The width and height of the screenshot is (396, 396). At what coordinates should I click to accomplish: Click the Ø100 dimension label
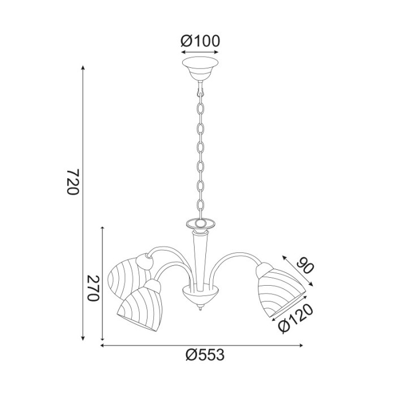tap(200, 41)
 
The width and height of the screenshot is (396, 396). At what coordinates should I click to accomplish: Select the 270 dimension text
tap(93, 289)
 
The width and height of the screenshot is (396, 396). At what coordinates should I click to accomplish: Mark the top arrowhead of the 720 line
tap(84, 67)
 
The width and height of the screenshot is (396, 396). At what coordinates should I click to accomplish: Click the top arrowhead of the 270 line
tap(102, 228)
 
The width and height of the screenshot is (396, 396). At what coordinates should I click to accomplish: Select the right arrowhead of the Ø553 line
tap(302, 345)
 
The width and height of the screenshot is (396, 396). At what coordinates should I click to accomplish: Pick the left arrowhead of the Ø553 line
tap(103, 345)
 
